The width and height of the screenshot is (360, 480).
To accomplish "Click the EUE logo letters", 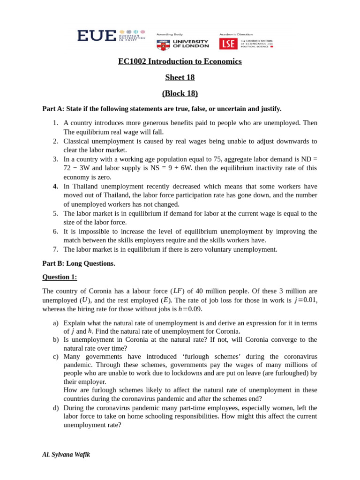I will pos(97,36).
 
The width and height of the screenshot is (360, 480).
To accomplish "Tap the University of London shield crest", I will pos(163,45).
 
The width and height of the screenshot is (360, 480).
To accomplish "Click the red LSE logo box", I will pos(228,44).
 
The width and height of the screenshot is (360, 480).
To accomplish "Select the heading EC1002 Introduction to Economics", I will pos(180,61).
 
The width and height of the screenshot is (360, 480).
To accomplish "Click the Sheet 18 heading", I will pos(180,77).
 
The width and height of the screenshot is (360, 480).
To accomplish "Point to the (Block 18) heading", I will pos(180,93).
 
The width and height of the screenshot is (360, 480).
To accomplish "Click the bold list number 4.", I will pos(55,186).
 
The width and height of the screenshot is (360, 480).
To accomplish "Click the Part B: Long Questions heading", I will pos(79,263).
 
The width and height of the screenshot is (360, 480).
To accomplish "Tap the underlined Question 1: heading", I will pos(60,277).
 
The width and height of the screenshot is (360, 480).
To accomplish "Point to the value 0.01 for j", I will pos(310,300).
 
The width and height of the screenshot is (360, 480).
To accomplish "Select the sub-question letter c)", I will pos(56,357).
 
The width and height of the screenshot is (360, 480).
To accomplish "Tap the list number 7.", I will pos(55,249).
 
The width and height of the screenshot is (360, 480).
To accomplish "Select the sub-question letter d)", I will pos(56,408).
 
